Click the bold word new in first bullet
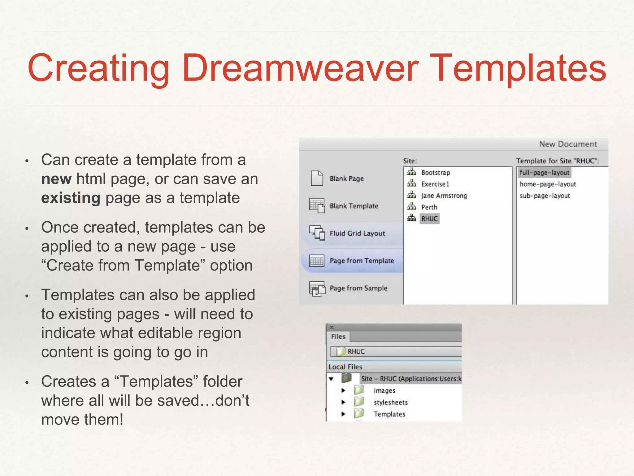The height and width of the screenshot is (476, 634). pos(56,179)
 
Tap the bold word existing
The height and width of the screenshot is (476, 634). pos(71,198)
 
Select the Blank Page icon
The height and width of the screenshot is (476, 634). pos(317,178)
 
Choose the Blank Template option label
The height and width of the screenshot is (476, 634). pos(354,206)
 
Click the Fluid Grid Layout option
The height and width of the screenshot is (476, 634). pos(357,233)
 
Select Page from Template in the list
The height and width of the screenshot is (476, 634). pos(362,261)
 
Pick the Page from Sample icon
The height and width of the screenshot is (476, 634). pos(317,289)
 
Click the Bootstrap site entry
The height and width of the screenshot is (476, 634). pos(435,173)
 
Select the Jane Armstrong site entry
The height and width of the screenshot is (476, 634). pos(444,196)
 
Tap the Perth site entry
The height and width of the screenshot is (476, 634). pos(429,207)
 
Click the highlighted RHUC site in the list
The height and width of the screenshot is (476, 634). pos(429,219)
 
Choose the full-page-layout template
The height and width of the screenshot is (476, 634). pos(544,173)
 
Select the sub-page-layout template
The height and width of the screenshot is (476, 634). pos(545,196)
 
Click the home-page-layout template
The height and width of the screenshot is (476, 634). pos(548,184)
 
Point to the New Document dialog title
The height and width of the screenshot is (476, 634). pos(568,144)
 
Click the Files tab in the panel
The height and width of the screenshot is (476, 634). pos(338,337)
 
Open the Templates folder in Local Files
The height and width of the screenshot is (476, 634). pos(389,414)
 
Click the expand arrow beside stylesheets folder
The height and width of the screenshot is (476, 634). pos(343,402)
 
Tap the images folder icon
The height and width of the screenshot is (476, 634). pos(359,390)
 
